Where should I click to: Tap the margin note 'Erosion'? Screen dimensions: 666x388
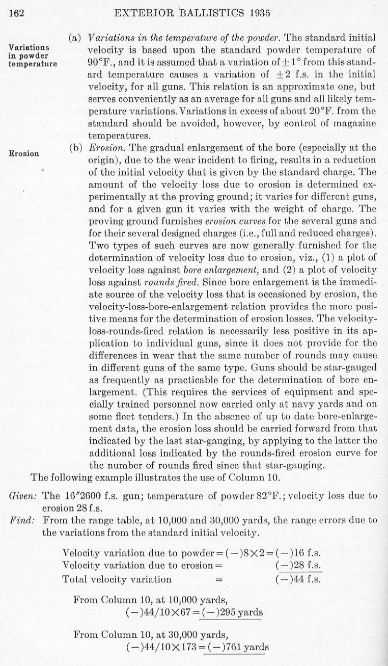(x=23, y=153)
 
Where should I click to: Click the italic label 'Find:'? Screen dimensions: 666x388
(x=21, y=520)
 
